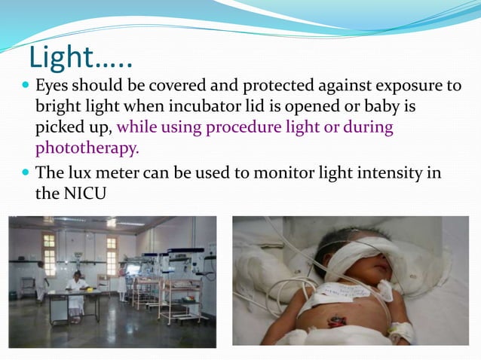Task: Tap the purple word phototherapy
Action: click(87, 148)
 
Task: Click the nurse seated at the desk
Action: click(75, 288)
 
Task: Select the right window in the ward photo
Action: click(112, 254)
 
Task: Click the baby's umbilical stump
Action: click(334, 322)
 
